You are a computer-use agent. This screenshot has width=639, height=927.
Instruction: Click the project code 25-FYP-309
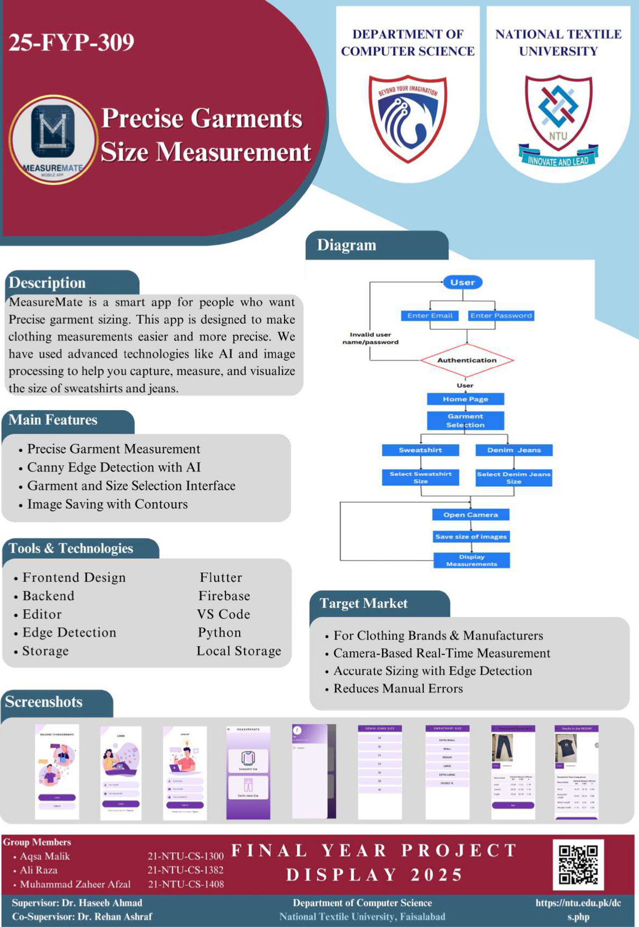point(71,42)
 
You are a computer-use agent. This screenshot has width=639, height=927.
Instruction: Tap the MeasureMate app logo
point(52,139)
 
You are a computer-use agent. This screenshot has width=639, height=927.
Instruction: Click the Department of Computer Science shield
point(408,119)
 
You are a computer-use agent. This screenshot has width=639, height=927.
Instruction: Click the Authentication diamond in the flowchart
point(467,360)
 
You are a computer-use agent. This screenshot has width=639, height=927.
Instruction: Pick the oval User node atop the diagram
point(463,283)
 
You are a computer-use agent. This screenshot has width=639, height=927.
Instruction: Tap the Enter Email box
point(430,315)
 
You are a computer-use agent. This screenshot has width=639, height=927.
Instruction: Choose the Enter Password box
point(501,315)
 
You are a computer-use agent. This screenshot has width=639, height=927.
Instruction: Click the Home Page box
point(465,399)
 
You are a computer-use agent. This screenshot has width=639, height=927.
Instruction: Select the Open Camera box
point(471,515)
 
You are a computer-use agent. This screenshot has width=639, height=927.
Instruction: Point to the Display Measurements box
point(472,560)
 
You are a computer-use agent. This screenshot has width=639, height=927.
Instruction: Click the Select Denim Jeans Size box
point(514,478)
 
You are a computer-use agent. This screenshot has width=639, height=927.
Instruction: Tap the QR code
point(578,865)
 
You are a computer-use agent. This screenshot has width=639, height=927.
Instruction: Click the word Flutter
point(221,578)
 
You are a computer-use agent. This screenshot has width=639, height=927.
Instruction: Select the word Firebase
point(224,596)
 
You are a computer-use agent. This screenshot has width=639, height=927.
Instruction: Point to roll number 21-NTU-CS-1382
point(186,870)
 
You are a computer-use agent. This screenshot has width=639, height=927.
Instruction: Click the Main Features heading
point(53,420)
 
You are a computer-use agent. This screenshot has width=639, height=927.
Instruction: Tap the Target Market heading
point(363,604)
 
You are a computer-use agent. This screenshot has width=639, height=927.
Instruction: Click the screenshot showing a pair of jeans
point(513,772)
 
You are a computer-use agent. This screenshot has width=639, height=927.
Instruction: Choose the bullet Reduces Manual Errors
point(398,688)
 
